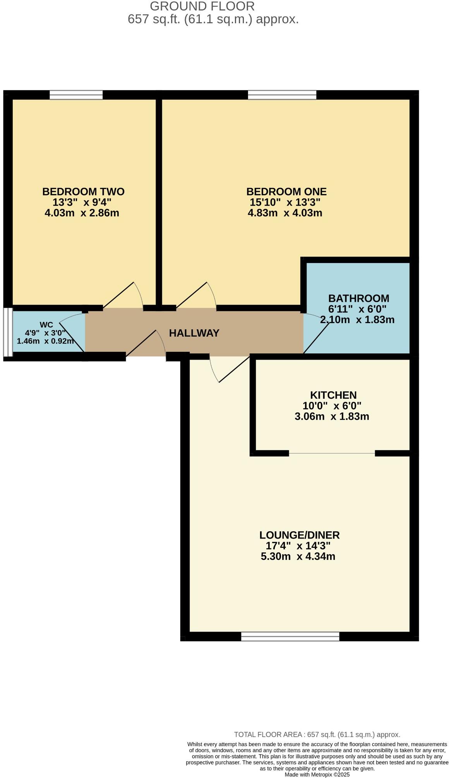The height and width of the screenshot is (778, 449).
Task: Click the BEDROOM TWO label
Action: coord(83,191)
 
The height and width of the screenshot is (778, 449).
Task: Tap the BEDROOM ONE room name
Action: coord(286,191)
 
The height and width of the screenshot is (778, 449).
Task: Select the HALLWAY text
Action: coord(194,333)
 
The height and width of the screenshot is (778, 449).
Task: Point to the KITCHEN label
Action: coord(333,395)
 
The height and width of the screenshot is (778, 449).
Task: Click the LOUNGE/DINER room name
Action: coord(299,535)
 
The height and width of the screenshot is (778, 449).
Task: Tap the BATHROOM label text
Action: coord(358,298)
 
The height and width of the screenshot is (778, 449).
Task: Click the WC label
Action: coord(46,325)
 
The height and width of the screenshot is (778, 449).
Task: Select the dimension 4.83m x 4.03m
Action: coord(285,213)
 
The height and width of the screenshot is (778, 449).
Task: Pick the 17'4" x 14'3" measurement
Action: coord(298,546)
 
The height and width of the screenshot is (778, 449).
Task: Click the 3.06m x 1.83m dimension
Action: coord(332,417)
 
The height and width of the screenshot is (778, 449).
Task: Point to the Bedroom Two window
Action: coord(76,95)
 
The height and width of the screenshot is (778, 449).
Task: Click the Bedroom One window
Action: coord(282,95)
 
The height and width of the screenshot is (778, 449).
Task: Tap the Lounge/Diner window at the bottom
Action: coord(290,636)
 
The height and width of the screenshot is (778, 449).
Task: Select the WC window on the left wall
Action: coord(8,332)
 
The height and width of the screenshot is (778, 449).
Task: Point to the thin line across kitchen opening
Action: coord(332,453)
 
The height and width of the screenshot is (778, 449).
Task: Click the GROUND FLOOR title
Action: coord(202,6)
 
